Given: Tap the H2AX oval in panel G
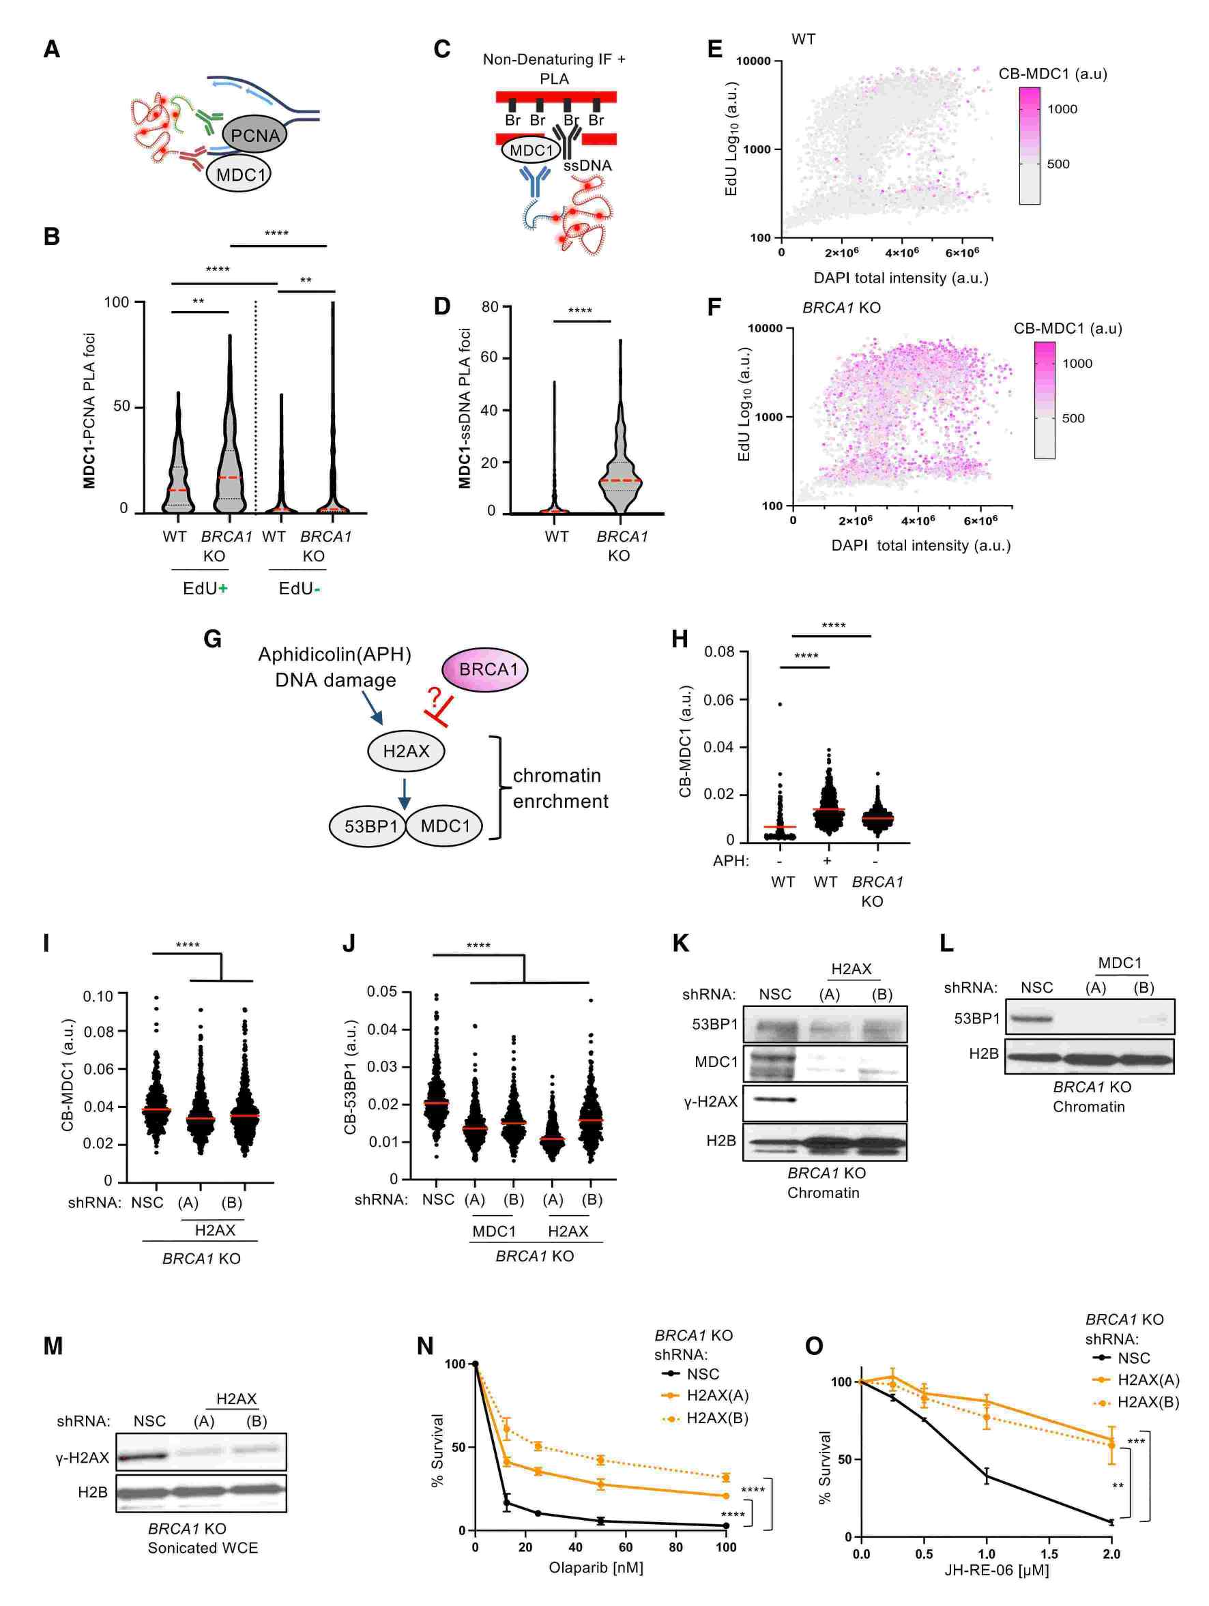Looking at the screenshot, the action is (x=406, y=751).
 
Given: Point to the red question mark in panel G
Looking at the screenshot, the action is (x=434, y=699).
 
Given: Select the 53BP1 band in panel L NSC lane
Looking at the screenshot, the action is (x=1028, y=1019).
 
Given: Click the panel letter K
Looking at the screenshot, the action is (x=681, y=943).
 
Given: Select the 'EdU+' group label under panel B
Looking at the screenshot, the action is (x=205, y=588).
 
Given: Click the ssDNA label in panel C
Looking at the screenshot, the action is (x=587, y=166).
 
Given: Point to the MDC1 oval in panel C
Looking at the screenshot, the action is (x=531, y=150).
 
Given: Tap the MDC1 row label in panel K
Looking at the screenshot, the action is (x=716, y=1062).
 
